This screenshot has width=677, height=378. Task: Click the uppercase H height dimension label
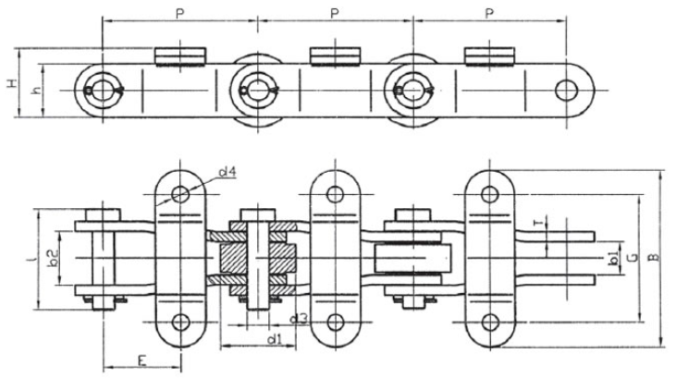[x=13, y=83]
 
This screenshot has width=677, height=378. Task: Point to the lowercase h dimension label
[x=38, y=91]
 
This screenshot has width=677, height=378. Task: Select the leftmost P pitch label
[x=180, y=14]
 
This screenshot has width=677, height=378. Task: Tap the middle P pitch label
[x=335, y=14]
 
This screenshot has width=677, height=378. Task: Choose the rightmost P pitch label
[x=488, y=14]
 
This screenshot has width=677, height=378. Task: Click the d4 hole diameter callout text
[x=228, y=173]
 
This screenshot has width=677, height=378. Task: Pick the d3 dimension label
[x=299, y=319]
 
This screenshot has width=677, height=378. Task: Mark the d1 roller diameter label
[x=274, y=339]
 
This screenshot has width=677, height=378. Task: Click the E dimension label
[x=142, y=360]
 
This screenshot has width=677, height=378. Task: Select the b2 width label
[x=52, y=258]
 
